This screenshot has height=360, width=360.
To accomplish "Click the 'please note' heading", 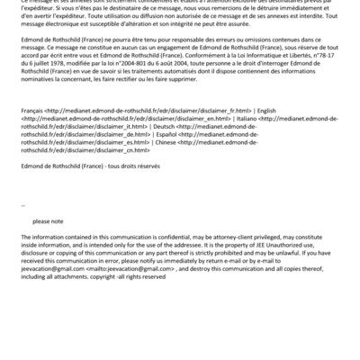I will point(48,220).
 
